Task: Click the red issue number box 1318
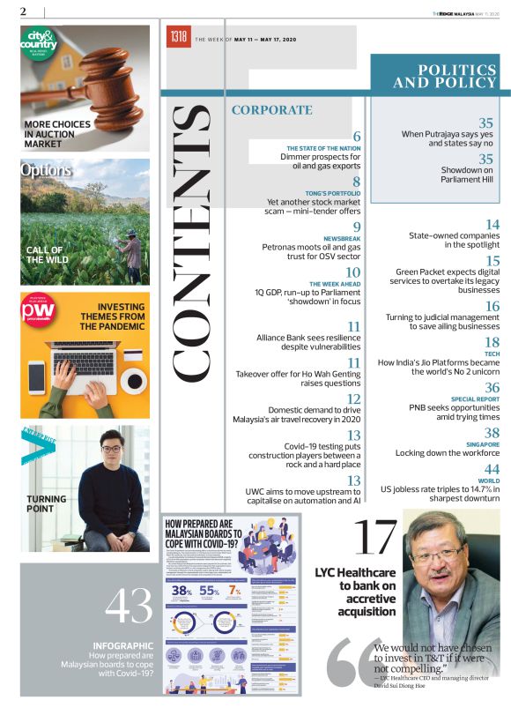click(x=179, y=38)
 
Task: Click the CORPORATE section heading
click(x=271, y=110)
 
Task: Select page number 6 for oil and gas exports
click(x=357, y=136)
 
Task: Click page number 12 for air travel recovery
click(x=353, y=398)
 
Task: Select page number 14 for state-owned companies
click(x=492, y=225)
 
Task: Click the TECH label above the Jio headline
click(x=492, y=353)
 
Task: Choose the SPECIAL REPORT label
click(x=476, y=398)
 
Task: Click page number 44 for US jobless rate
click(x=491, y=468)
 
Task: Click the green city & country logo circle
click(x=39, y=44)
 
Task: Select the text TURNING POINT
click(x=46, y=503)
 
